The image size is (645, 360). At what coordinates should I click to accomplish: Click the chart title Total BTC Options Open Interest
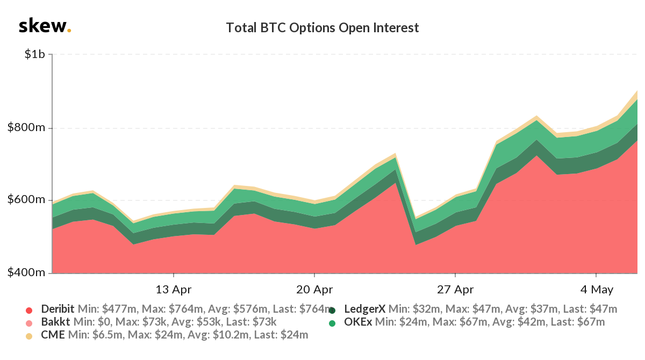click(322, 27)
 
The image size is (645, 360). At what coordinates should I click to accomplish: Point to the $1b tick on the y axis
click(34, 55)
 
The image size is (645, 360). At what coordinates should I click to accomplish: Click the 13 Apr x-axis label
click(174, 290)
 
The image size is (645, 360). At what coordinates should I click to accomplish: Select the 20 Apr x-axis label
click(314, 290)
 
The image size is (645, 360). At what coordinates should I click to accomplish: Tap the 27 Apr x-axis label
click(455, 290)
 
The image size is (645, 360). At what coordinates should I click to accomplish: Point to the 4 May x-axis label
click(596, 290)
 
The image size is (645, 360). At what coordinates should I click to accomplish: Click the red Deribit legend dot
click(29, 310)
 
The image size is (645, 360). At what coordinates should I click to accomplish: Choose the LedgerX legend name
click(364, 309)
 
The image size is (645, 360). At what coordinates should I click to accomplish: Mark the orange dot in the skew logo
click(69, 31)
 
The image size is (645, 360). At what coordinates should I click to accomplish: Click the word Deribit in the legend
click(58, 309)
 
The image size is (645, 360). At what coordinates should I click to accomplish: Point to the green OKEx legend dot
click(332, 323)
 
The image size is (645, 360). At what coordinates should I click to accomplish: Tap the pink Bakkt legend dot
click(29, 323)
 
